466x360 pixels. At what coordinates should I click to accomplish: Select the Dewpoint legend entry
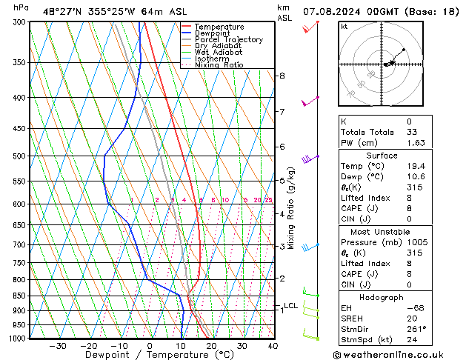click(216, 33)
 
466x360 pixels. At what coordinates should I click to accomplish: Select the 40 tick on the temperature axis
click(273, 346)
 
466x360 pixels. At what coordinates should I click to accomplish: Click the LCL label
click(290, 305)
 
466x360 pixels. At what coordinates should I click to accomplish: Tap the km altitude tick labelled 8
click(282, 76)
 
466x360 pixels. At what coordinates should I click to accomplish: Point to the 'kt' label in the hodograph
click(344, 26)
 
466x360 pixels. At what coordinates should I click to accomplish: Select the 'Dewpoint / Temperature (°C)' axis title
click(148, 355)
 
